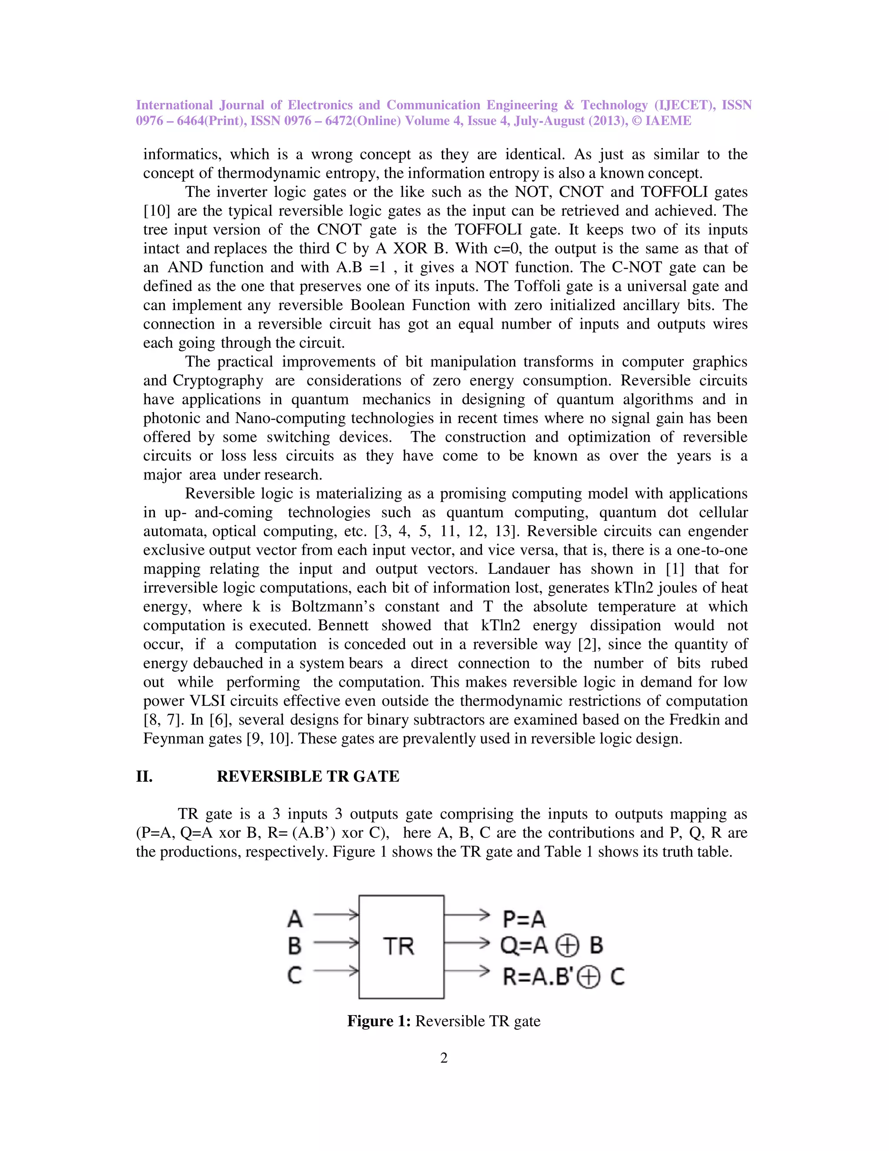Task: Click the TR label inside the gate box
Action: click(x=398, y=946)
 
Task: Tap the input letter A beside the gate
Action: click(x=295, y=919)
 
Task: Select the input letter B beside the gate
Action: click(x=295, y=946)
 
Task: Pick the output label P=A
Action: click(x=524, y=919)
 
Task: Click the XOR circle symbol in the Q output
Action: click(x=568, y=946)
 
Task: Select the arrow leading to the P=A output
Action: click(x=467, y=915)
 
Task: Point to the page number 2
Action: click(x=444, y=1058)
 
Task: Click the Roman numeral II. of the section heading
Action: click(x=144, y=776)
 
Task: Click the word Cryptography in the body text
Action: click(x=218, y=380)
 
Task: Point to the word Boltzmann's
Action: click(x=333, y=607)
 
